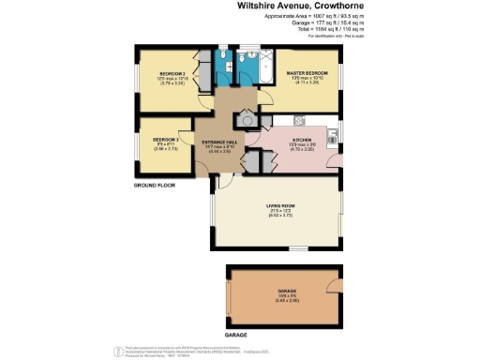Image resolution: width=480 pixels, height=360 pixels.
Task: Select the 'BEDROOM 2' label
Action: [170, 73]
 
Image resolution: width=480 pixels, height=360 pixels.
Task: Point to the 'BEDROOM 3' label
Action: [165, 141]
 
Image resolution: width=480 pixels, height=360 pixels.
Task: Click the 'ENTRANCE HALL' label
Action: [220, 142]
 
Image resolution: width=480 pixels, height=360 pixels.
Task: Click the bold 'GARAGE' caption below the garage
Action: [235, 333]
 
